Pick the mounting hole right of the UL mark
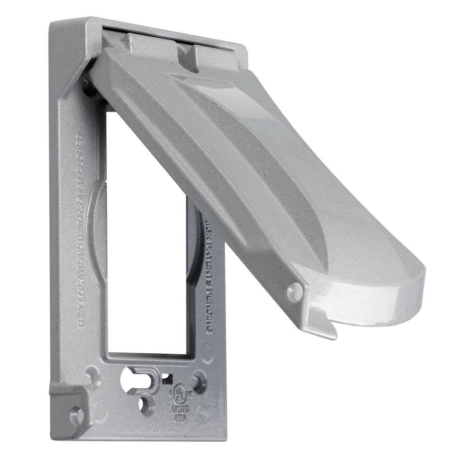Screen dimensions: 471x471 200,380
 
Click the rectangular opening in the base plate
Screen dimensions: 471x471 141,259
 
